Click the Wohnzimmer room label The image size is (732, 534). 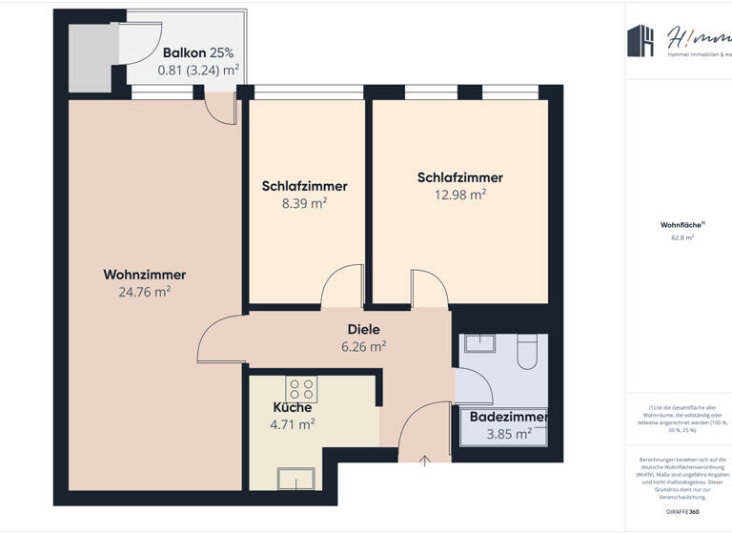144,275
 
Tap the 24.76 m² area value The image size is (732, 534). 144,292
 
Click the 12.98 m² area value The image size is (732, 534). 459,194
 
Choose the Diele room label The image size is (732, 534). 363,329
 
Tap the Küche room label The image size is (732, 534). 293,407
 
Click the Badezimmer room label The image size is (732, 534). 508,417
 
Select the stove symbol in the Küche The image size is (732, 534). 301,388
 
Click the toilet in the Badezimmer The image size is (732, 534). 526,354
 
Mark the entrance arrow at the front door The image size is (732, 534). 425,461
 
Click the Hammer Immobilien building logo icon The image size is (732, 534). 640,41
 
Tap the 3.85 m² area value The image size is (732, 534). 507,434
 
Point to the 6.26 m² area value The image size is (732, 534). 363,347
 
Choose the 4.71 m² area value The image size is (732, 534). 293,424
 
